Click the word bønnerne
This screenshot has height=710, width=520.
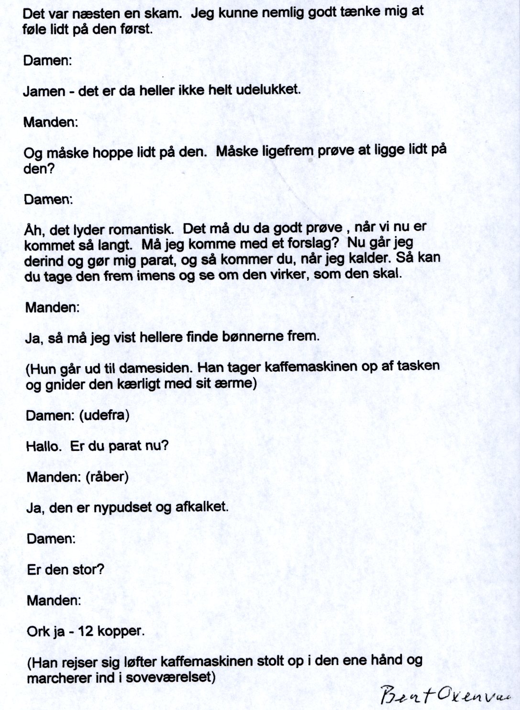253,337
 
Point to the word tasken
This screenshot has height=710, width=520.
417,366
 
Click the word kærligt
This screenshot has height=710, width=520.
150,384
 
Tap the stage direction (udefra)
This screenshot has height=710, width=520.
104,415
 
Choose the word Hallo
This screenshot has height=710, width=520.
44,446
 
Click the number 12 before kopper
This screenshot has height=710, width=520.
86,631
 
